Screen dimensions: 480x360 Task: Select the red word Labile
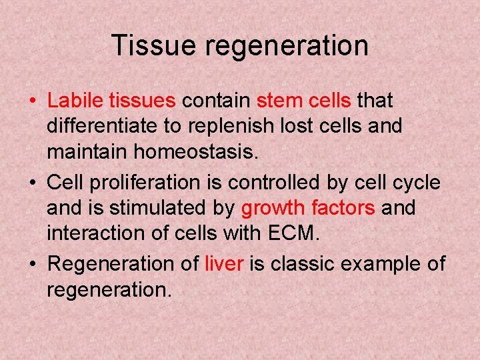(76, 101)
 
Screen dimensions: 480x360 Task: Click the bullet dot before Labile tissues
(32, 103)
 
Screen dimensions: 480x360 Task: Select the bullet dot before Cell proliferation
(32, 183)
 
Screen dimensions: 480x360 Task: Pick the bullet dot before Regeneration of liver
(32, 265)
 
